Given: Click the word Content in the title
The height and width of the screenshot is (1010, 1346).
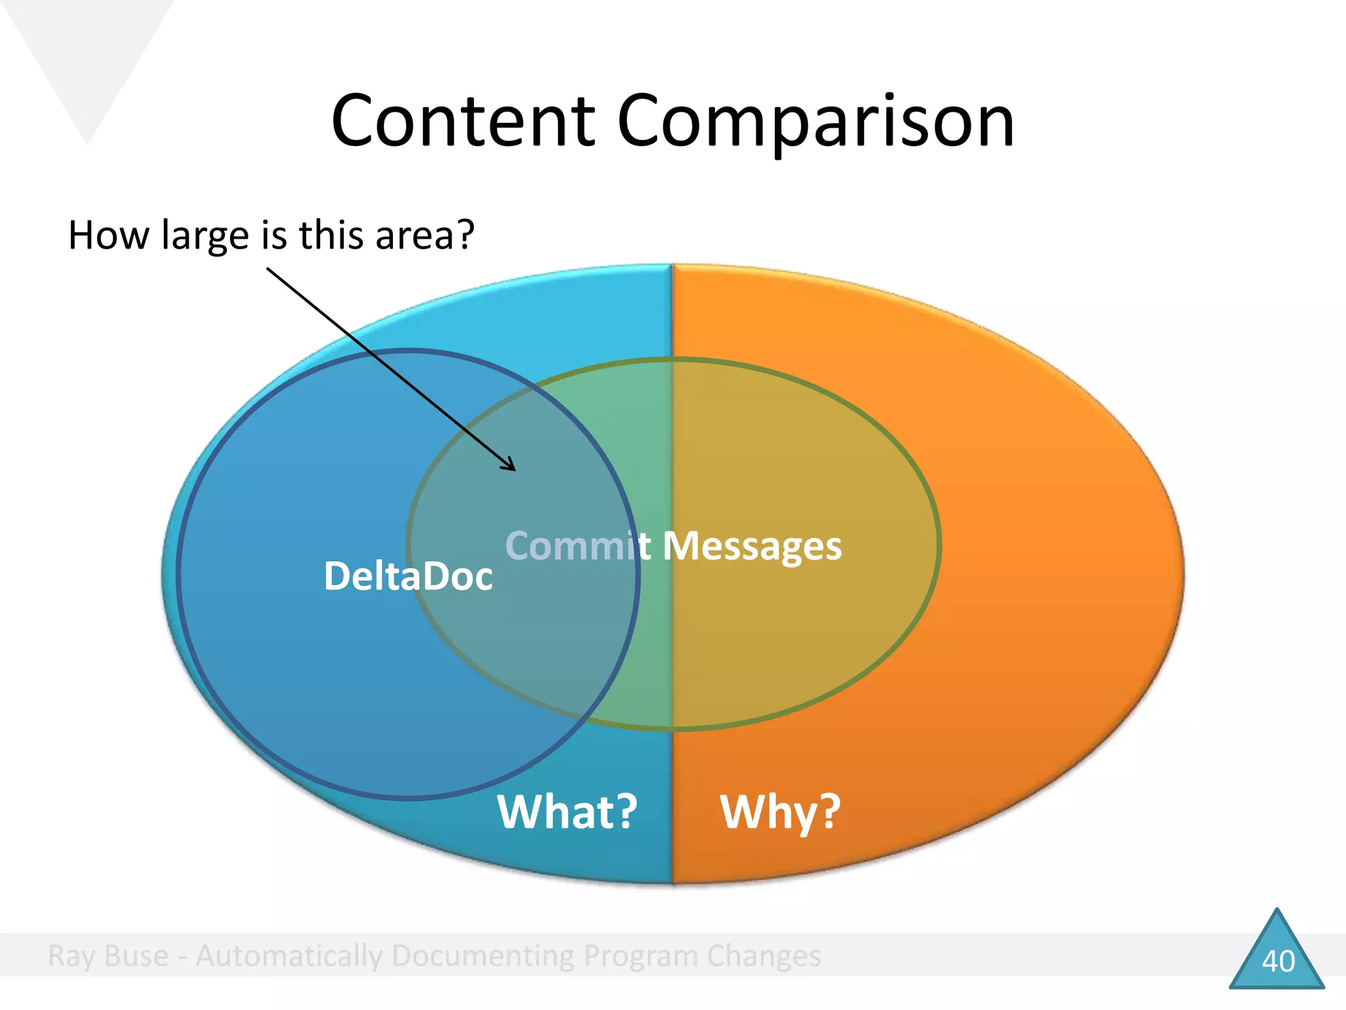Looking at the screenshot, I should pyautogui.click(x=463, y=122).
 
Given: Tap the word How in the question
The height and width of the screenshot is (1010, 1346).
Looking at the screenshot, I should pyautogui.click(x=108, y=235).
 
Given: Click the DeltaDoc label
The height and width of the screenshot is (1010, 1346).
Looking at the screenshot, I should pyautogui.click(x=408, y=576).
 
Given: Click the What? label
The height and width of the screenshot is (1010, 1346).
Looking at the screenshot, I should pyautogui.click(x=567, y=811).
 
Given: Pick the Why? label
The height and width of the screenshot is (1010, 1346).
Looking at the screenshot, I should pyautogui.click(x=780, y=813).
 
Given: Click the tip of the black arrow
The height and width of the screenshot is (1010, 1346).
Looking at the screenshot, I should pyautogui.click(x=515, y=470).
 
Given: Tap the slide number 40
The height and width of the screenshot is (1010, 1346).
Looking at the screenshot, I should pyautogui.click(x=1278, y=961).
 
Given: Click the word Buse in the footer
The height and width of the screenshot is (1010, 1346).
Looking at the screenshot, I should pyautogui.click(x=136, y=955).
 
